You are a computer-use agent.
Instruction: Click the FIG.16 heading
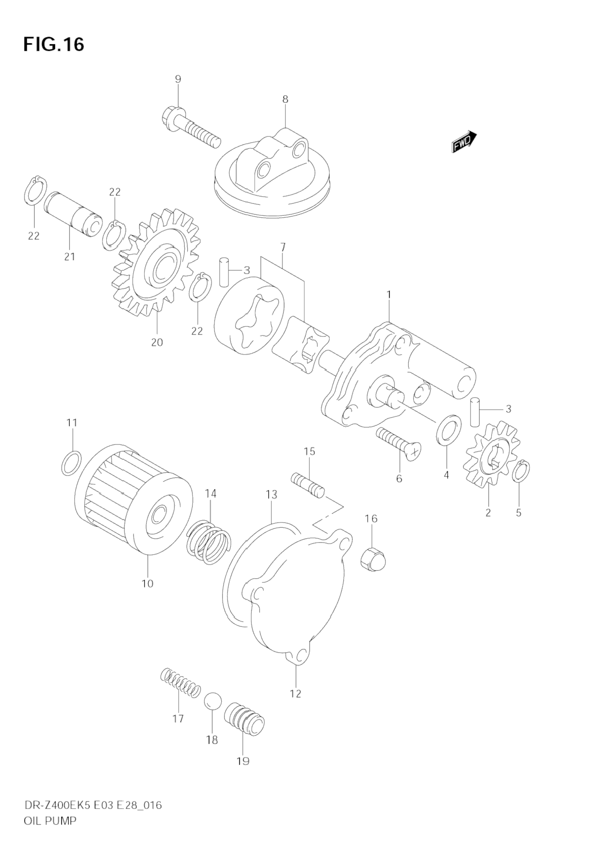point(54,44)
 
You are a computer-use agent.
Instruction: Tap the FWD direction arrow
point(464,141)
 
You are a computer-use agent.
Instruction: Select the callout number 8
point(285,100)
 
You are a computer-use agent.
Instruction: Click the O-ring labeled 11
point(71,463)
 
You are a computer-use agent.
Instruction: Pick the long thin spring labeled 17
point(180,682)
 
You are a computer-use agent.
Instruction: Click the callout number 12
point(295,693)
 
